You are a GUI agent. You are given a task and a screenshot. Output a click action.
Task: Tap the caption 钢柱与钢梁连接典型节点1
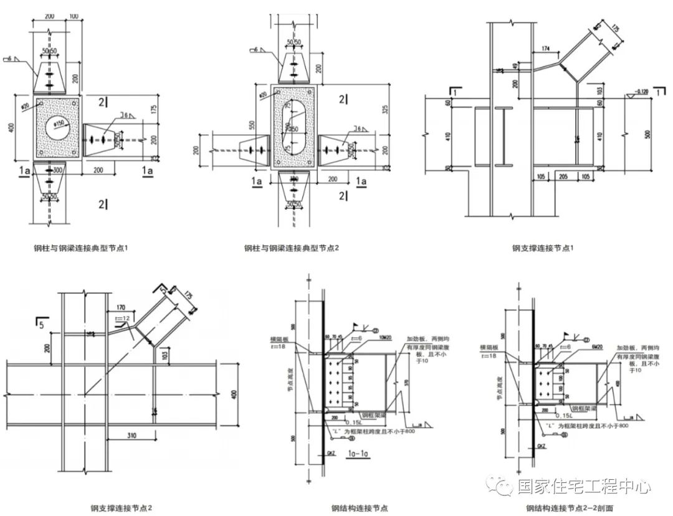pyautogui.click(x=81, y=248)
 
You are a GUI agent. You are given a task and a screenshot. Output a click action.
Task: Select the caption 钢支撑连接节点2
pyautogui.click(x=121, y=508)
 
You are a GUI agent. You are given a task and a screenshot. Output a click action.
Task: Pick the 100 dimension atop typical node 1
pyautogui.click(x=74, y=15)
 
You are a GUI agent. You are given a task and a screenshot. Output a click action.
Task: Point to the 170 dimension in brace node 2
pyautogui.click(x=120, y=307)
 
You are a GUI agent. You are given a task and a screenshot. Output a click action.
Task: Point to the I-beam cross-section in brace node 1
pyautogui.click(x=501, y=138)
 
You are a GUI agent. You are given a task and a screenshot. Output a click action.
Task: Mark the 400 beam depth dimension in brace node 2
pyautogui.click(x=234, y=393)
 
